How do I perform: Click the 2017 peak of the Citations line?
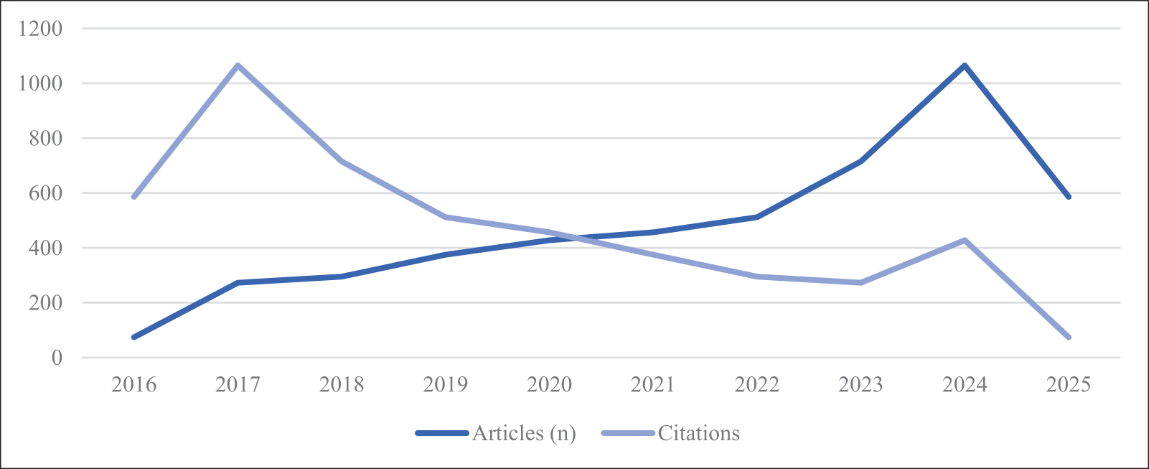(x=238, y=65)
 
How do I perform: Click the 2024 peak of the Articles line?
(x=965, y=65)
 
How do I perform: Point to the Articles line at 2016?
(x=134, y=337)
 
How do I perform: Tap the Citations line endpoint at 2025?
(x=1069, y=337)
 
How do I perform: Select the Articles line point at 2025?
(x=1069, y=196)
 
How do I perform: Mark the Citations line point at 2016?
(x=134, y=196)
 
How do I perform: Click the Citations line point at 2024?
(x=965, y=240)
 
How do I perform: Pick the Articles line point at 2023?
(x=860, y=161)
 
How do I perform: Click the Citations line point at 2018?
(x=342, y=161)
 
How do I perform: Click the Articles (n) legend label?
(x=524, y=433)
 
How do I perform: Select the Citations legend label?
(x=698, y=433)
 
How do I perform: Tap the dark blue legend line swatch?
(x=442, y=433)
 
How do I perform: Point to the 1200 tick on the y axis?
(x=42, y=29)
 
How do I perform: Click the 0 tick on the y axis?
(x=57, y=358)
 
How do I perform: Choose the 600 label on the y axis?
(x=46, y=193)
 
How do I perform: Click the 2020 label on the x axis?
(x=549, y=385)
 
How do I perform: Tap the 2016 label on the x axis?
(x=134, y=385)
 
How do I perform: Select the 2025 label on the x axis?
(x=1069, y=385)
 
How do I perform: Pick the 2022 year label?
(x=757, y=385)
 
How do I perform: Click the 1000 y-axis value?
(x=42, y=83)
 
